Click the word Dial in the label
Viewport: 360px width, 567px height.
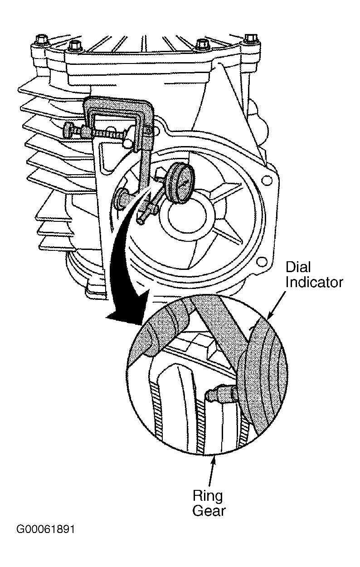pos(298,267)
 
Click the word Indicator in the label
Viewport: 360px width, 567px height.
pos(314,282)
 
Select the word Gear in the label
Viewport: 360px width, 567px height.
pos(209,511)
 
